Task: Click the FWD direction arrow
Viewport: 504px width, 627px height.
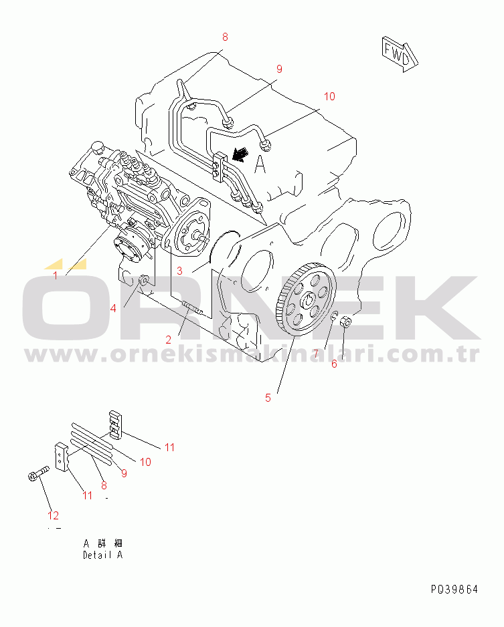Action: pyautogui.click(x=400, y=54)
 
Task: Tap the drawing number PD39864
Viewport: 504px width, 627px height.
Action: pyautogui.click(x=454, y=589)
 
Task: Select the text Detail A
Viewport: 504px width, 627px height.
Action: pyautogui.click(x=102, y=555)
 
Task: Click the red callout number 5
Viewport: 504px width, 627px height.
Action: pyautogui.click(x=268, y=398)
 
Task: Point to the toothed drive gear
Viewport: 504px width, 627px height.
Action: pyautogui.click(x=306, y=298)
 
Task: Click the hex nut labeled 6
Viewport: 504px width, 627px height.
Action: pyautogui.click(x=346, y=321)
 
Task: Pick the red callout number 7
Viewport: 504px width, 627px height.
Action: pyautogui.click(x=316, y=354)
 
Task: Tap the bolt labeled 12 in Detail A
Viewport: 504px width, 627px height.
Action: pyautogui.click(x=38, y=473)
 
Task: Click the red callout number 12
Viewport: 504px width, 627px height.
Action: pyautogui.click(x=54, y=515)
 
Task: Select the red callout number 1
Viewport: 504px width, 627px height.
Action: pyautogui.click(x=56, y=275)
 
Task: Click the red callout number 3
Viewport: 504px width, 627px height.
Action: pyautogui.click(x=180, y=271)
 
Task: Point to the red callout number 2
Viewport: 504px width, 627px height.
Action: pyautogui.click(x=169, y=340)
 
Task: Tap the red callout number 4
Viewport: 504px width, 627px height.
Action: pyautogui.click(x=113, y=308)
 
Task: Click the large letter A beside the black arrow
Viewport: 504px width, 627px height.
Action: pyautogui.click(x=260, y=164)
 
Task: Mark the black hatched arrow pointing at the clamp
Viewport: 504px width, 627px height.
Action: pyautogui.click(x=240, y=154)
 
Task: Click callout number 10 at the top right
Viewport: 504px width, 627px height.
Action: pyautogui.click(x=329, y=96)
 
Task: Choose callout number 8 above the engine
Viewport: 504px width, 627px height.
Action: pyautogui.click(x=225, y=37)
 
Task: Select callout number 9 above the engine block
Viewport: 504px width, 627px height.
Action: pyautogui.click(x=279, y=69)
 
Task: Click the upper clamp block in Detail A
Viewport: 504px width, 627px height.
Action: pyautogui.click(x=115, y=424)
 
